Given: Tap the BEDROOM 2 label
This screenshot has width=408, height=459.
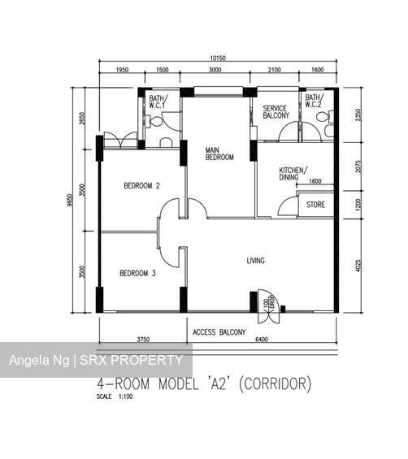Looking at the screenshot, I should tap(141, 186).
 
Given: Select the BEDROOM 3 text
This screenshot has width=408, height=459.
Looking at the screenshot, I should tap(137, 273).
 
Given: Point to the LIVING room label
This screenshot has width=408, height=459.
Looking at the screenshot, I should tap(256, 261).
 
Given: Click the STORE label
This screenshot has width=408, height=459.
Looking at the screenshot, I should tap(315, 205).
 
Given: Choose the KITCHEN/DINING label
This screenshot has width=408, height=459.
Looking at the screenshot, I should tap(293, 173).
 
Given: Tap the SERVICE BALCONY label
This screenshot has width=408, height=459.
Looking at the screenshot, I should tap(276, 111).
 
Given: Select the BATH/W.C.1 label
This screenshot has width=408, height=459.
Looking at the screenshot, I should tap(157, 102).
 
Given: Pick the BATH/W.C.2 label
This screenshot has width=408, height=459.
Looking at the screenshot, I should tap(314, 102).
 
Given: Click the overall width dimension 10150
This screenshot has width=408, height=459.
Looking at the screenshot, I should tap(217, 58).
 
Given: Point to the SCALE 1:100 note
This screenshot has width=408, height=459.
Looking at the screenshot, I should tap(114, 397).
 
